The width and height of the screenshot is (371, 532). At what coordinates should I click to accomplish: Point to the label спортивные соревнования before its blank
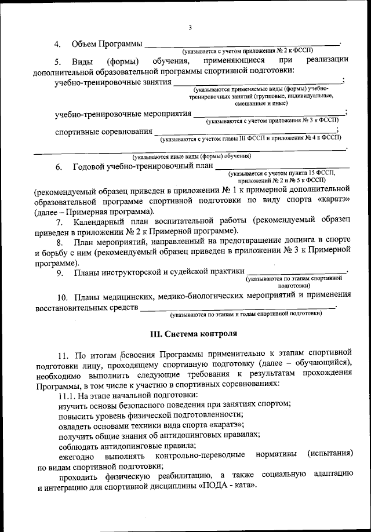(103, 132)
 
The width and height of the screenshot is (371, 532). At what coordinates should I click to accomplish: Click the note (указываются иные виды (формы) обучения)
(191, 156)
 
